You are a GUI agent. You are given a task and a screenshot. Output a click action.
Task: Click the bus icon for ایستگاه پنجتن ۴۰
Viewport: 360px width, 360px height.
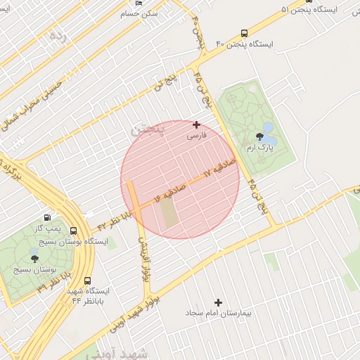point(244,33)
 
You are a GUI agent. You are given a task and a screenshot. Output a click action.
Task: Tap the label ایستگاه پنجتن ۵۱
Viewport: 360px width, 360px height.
point(310,9)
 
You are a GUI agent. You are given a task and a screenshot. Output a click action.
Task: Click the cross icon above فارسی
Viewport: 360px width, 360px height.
point(196,124)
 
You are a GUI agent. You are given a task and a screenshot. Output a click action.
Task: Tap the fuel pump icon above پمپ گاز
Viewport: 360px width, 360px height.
point(47,218)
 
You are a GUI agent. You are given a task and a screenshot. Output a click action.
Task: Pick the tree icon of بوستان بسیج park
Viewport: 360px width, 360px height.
point(35,259)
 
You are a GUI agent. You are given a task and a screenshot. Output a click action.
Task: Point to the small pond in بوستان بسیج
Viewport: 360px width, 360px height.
point(33,251)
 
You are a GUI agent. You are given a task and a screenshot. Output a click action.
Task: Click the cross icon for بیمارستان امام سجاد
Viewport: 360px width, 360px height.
point(218,302)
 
